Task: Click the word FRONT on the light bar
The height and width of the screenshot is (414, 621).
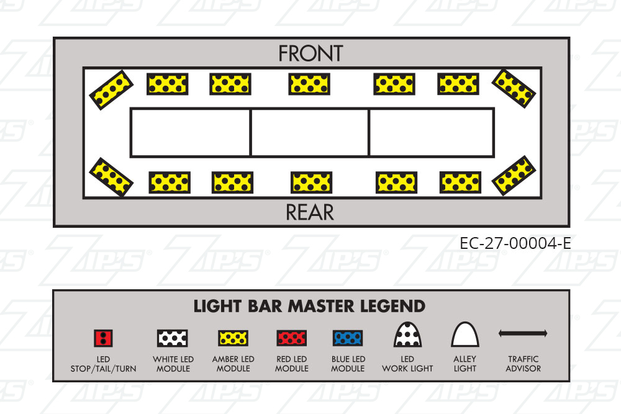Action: click(310, 53)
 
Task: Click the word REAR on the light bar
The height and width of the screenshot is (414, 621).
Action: click(310, 212)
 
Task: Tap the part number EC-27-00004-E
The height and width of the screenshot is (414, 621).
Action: click(515, 243)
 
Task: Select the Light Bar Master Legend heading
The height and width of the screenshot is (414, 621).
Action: click(309, 307)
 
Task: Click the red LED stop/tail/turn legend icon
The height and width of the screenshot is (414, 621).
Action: click(103, 338)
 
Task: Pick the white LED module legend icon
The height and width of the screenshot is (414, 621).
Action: click(172, 338)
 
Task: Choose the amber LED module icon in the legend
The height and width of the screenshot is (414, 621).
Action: click(233, 338)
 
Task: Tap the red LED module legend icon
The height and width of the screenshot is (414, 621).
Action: click(291, 338)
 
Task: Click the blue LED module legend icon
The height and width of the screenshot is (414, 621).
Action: click(348, 338)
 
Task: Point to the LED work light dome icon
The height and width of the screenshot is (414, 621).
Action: click(407, 335)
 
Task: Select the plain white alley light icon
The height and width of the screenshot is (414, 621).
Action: click(465, 335)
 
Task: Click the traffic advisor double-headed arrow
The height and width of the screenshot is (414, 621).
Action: click(523, 333)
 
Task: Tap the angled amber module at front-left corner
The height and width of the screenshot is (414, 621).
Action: click(111, 90)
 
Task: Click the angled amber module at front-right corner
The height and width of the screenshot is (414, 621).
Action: click(514, 89)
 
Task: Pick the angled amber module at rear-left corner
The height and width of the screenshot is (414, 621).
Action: click(111, 178)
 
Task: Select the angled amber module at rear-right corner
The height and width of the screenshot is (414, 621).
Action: click(514, 176)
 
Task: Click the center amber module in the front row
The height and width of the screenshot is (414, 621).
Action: click(309, 84)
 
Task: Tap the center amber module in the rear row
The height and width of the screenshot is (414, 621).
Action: click(311, 182)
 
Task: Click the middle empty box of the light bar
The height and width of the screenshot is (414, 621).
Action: click(310, 132)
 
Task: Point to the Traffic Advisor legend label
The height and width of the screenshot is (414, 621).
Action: click(523, 364)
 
